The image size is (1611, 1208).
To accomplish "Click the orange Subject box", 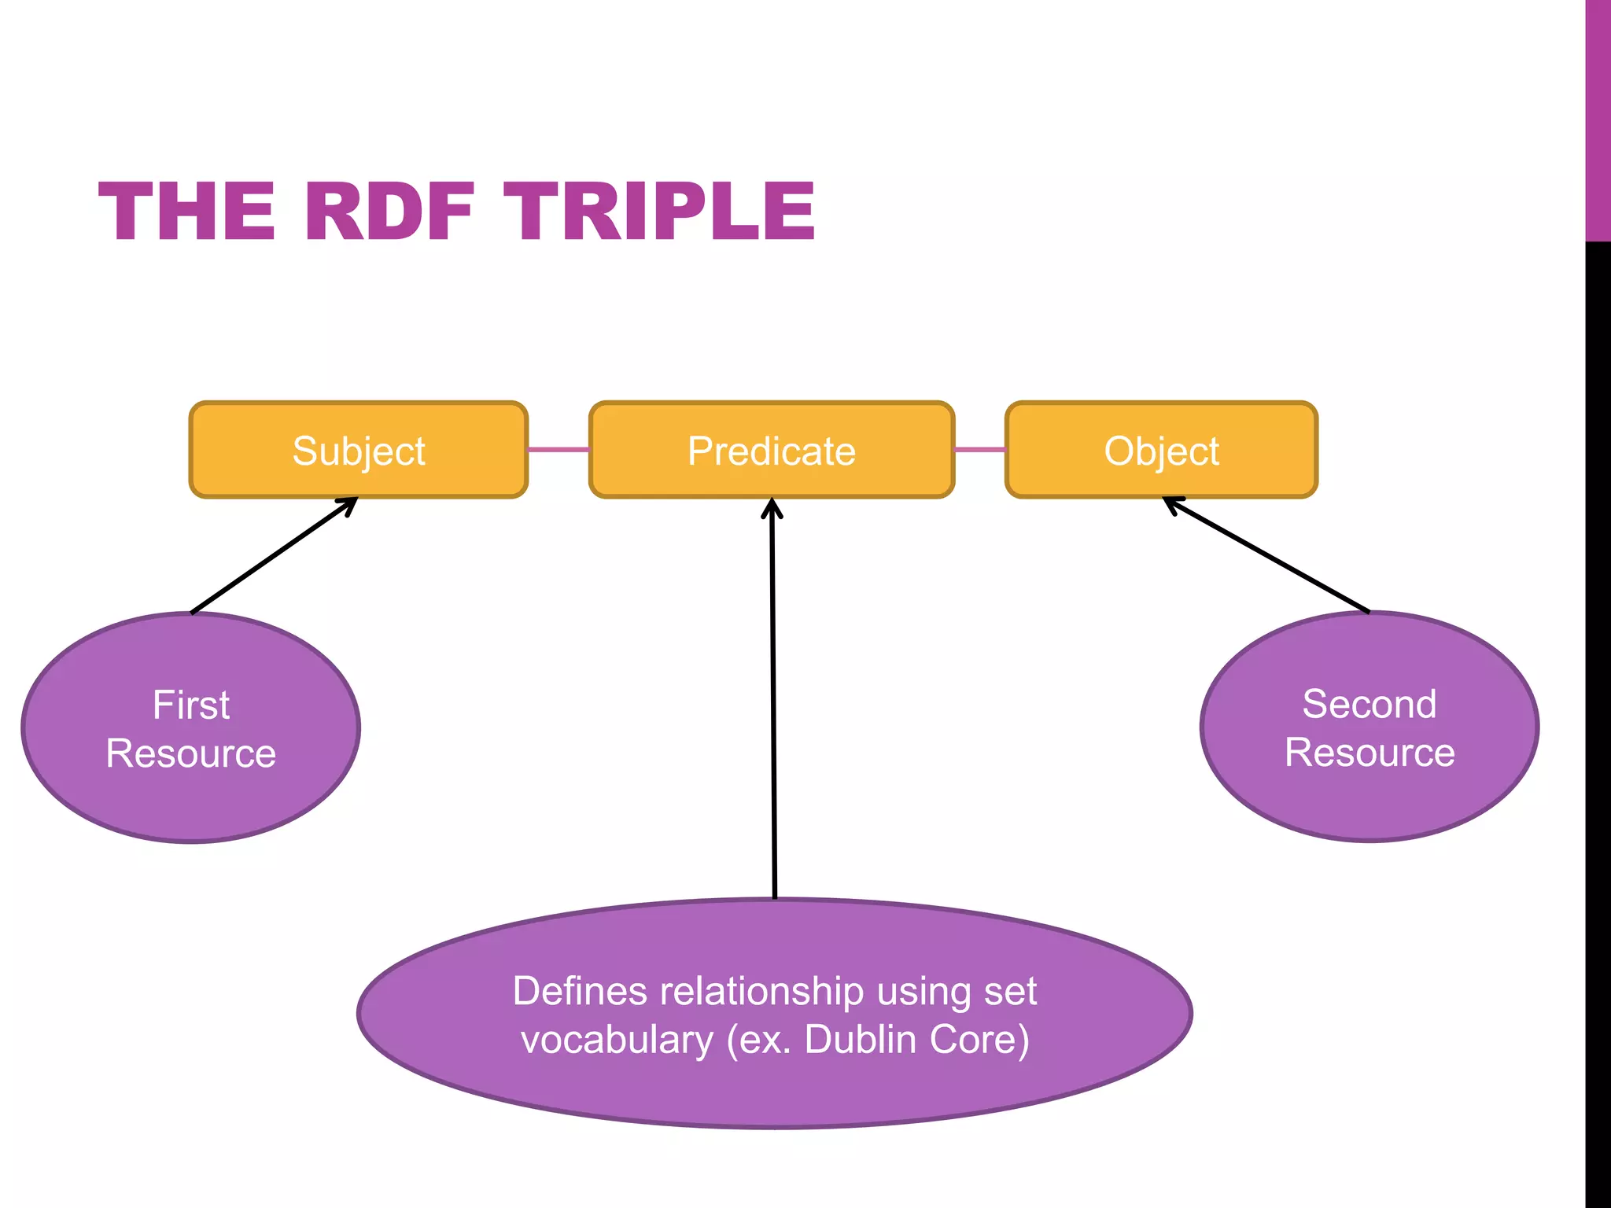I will click(x=359, y=450).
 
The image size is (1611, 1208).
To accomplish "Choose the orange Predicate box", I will click(x=771, y=450).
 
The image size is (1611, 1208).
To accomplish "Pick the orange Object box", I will click(x=1161, y=450).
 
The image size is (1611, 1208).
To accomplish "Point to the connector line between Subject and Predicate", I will click(x=559, y=450).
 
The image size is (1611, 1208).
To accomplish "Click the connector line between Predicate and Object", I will click(x=980, y=450).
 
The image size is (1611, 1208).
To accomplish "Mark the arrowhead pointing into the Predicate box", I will click(x=772, y=507).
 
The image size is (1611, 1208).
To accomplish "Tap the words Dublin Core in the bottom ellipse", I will click(x=916, y=1039).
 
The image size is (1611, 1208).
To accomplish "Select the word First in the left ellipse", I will click(x=191, y=705).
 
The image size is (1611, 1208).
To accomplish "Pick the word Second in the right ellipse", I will click(x=1370, y=703).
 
